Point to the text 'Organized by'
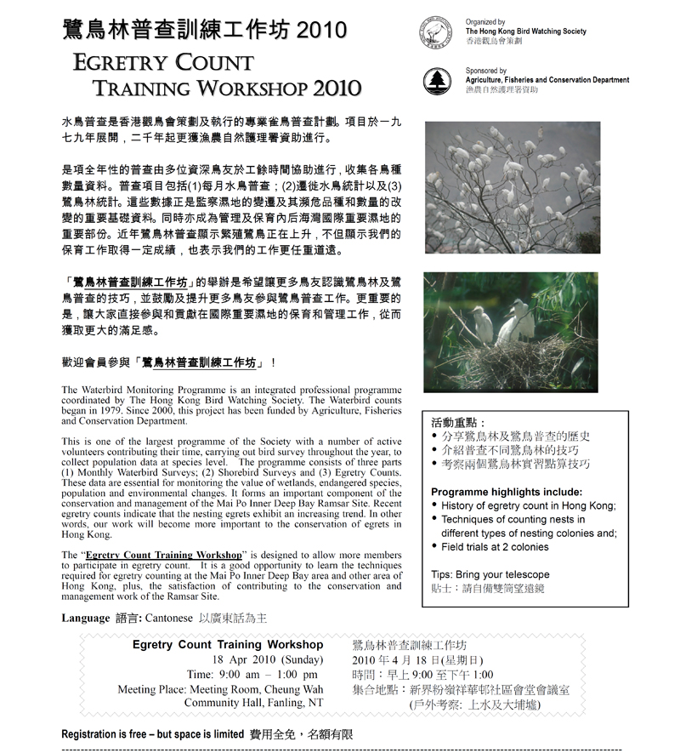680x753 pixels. pyautogui.click(x=485, y=22)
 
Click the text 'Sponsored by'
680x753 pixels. pyautogui.click(x=486, y=71)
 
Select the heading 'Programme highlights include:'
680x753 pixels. pyautogui.click(x=507, y=492)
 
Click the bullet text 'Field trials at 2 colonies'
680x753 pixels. pyautogui.click(x=495, y=547)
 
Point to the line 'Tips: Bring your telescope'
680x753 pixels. pyautogui.click(x=490, y=574)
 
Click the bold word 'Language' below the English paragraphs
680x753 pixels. pyautogui.click(x=86, y=619)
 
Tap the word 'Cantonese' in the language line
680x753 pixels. pyautogui.click(x=169, y=619)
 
